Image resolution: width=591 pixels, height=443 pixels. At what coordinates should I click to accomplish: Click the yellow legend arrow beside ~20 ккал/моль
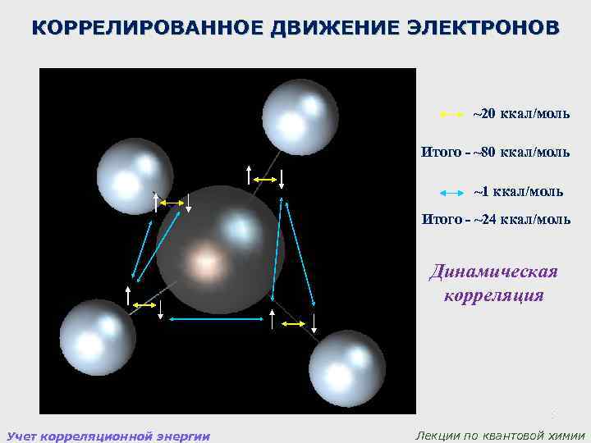tap(452, 114)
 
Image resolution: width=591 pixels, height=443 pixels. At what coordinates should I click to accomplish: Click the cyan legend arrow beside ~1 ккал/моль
tap(452, 192)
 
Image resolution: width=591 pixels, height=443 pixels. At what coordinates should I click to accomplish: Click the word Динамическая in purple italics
tap(494, 272)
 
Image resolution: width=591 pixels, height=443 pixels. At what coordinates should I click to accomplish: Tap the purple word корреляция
tap(494, 294)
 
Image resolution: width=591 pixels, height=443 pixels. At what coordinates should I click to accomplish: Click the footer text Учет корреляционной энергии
tap(108, 435)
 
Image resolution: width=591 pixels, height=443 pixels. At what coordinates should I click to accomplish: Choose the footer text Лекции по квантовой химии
tap(501, 435)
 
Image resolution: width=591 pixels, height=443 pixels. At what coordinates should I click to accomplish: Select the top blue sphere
tap(300, 116)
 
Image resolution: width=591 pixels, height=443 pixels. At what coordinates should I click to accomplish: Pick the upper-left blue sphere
tap(135, 176)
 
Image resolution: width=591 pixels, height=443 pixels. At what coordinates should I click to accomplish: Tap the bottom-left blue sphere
tap(97, 336)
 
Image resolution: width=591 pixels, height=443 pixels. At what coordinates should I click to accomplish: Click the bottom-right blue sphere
tap(347, 368)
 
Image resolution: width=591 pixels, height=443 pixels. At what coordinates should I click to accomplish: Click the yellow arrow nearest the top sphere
tap(264, 178)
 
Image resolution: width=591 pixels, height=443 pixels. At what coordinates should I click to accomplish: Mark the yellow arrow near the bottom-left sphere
tap(144, 304)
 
